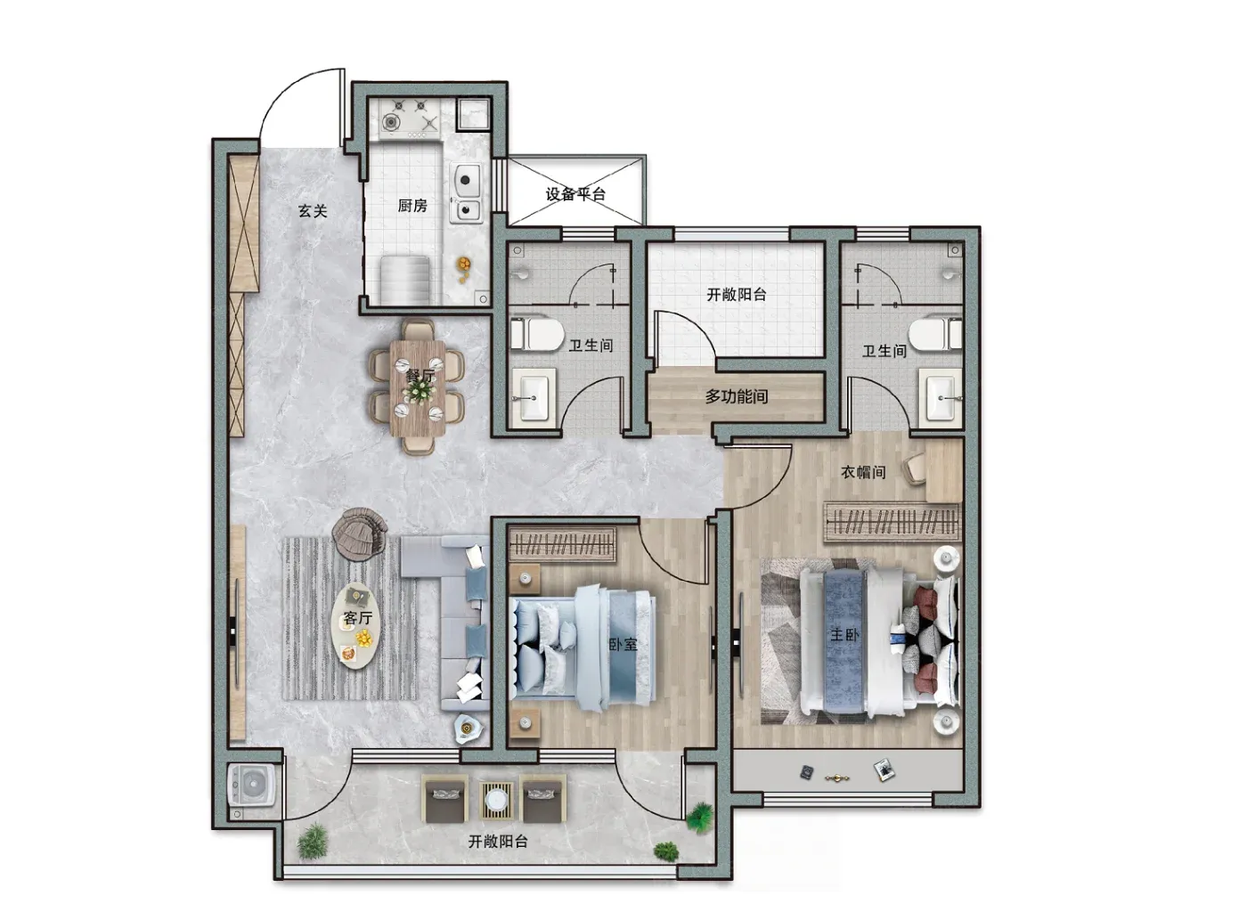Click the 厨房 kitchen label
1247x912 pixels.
coord(412,206)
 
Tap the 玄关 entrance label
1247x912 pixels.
coord(313,211)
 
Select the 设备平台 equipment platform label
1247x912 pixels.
coord(575,194)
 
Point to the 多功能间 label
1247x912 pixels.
coord(737,396)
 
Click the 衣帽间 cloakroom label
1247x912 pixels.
coord(863,472)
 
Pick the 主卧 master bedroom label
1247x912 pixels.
coord(844,634)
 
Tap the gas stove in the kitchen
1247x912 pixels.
coord(411,119)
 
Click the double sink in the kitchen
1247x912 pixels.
coord(467,192)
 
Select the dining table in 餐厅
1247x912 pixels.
coord(418,387)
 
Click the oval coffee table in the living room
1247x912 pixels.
coord(357,626)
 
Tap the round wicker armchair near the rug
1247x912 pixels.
coord(359,533)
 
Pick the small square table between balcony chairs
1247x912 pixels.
coord(495,800)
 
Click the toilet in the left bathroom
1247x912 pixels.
coord(535,334)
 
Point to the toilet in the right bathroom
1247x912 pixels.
coord(935,332)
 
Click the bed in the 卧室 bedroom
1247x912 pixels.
coord(583,647)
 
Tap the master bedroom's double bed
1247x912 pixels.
coord(879,642)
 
